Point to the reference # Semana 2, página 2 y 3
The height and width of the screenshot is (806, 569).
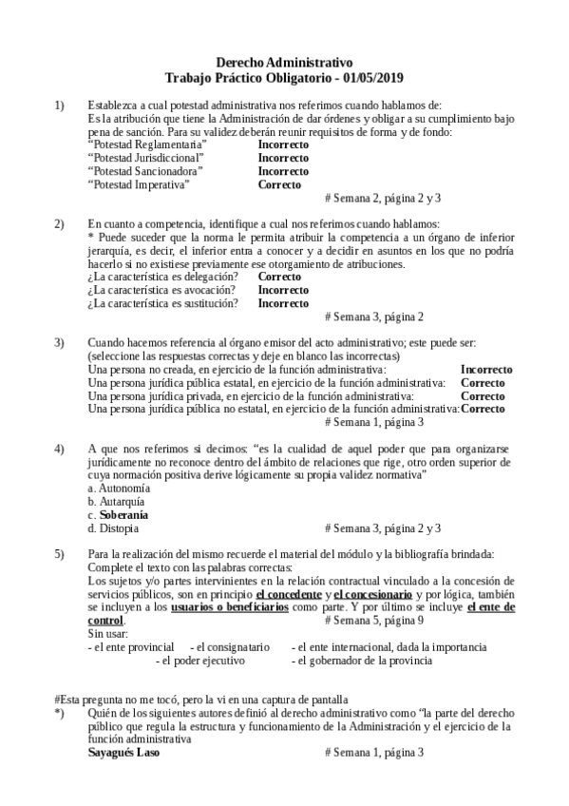point(382,199)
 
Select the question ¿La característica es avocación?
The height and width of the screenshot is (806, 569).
point(161,290)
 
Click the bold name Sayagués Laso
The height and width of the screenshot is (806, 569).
point(123,753)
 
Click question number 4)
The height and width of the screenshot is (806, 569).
point(59,448)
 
